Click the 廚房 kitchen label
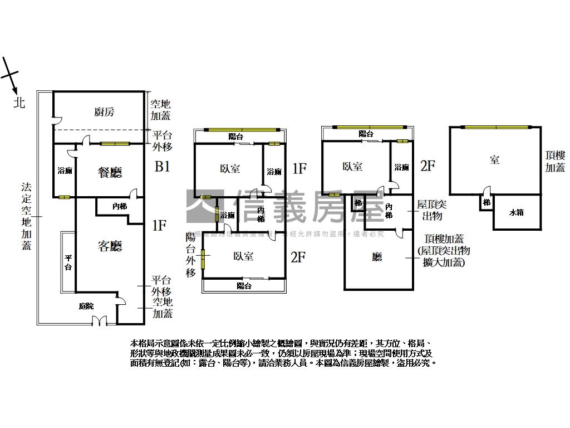[104, 112]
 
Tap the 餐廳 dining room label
[110, 173]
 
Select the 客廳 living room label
[110, 246]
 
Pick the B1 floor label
[162, 167]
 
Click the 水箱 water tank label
[517, 212]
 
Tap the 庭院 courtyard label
[86, 306]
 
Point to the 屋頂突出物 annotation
[431, 210]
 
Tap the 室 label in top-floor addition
[494, 160]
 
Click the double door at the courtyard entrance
[99, 321]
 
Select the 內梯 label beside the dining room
[120, 206]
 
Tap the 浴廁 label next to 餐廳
[65, 171]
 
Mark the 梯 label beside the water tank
[487, 202]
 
